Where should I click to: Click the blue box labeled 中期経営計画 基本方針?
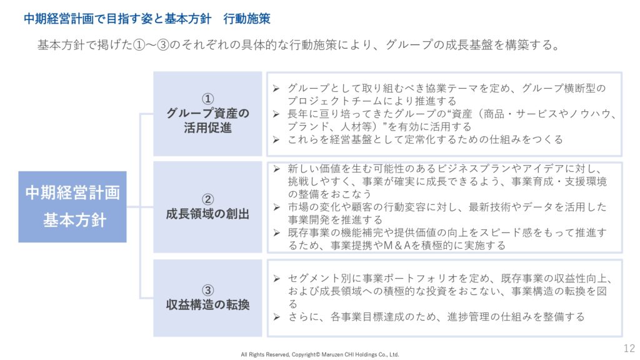tap(72, 206)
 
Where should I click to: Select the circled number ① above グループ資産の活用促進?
tap(207, 99)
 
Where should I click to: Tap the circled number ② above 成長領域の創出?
tap(207, 199)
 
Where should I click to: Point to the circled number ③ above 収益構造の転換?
tap(207, 290)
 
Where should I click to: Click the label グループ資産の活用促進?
tap(207, 121)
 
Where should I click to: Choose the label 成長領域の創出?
tap(207, 214)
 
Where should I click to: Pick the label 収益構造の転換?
tap(207, 305)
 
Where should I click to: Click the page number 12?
tap(629, 348)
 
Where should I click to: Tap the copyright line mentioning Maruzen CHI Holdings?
tap(320, 355)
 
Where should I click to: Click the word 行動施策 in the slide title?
tap(247, 19)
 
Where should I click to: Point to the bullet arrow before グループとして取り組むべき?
tap(276, 88)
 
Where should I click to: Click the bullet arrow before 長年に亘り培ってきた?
tap(276, 114)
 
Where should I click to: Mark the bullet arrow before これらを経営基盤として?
tap(276, 140)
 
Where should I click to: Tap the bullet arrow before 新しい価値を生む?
tap(276, 169)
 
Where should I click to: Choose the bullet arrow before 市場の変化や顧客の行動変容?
tap(276, 207)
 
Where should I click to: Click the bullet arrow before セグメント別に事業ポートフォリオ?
tap(276, 279)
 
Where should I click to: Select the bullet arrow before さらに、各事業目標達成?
tap(276, 317)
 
